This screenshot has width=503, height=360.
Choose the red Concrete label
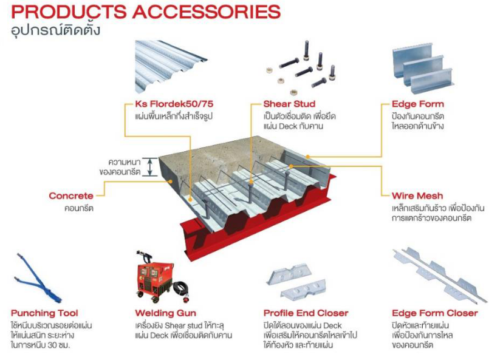[71, 196]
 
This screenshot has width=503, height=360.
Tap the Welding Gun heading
[165, 313]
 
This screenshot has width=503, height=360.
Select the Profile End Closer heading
[306, 313]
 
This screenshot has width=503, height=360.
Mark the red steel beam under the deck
[255, 234]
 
